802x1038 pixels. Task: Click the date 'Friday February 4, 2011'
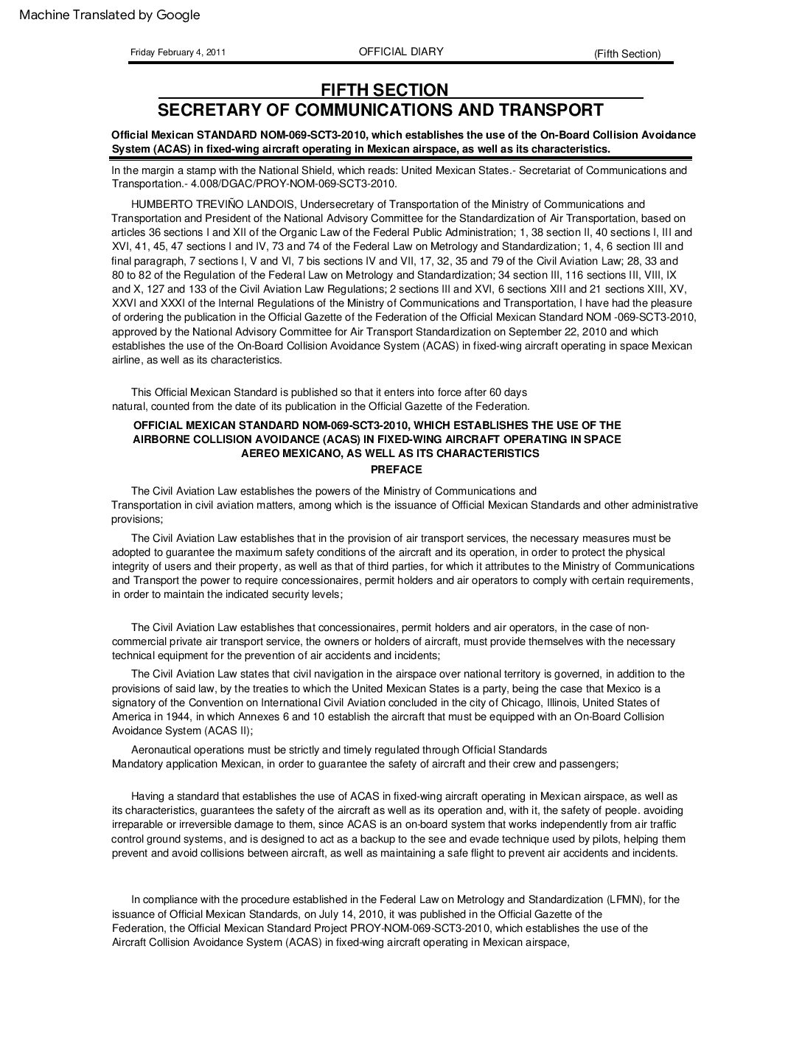178,52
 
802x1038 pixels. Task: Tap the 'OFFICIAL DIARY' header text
401,52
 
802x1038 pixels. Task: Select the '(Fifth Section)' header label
627,53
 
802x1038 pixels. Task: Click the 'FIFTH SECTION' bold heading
384,91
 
